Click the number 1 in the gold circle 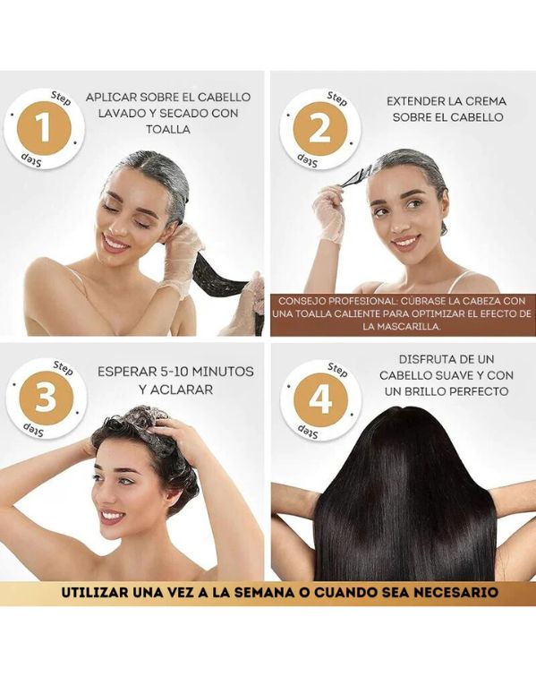[x=44, y=128]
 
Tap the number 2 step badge [x=319, y=128]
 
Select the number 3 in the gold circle [x=46, y=398]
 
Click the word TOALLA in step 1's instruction [x=168, y=129]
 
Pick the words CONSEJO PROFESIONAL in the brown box [x=335, y=301]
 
